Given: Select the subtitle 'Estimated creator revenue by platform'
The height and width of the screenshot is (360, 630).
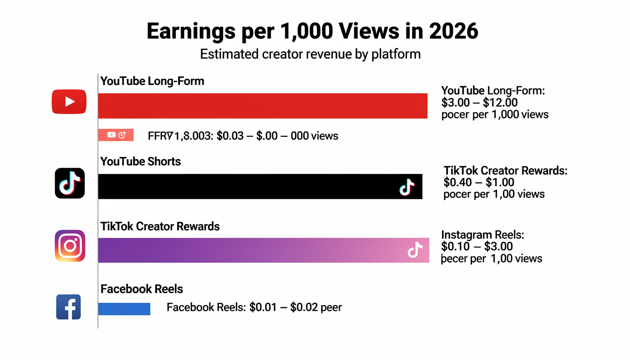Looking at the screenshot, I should click(x=310, y=54).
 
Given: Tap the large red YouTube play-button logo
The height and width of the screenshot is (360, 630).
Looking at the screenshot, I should click(x=69, y=102).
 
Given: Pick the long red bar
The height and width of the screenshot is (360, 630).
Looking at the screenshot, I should click(x=262, y=106).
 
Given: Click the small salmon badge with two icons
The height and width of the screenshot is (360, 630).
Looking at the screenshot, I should click(x=116, y=135).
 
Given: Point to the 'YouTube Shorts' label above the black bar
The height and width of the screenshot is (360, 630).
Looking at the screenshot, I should click(x=141, y=162).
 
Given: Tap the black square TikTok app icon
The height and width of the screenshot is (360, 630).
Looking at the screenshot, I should click(x=70, y=183).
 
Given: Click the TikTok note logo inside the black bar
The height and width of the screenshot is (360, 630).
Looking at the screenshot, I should click(x=406, y=187).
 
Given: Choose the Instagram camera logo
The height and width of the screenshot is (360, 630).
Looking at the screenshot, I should click(x=70, y=246).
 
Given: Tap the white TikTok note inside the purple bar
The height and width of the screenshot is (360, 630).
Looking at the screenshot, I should click(x=414, y=250).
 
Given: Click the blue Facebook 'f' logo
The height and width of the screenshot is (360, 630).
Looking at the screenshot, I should click(x=68, y=307).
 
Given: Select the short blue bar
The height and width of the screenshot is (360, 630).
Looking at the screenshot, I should click(x=124, y=308).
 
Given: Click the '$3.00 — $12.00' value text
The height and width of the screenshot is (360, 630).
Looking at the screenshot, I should click(x=480, y=103).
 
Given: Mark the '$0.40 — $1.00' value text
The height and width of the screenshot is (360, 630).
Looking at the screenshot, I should click(x=479, y=182).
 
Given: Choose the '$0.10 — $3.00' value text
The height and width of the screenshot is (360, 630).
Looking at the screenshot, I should click(x=477, y=247).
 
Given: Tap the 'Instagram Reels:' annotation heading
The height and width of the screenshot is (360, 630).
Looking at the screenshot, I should click(x=482, y=235).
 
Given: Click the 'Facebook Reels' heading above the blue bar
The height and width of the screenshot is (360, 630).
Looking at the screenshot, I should click(x=142, y=289).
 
